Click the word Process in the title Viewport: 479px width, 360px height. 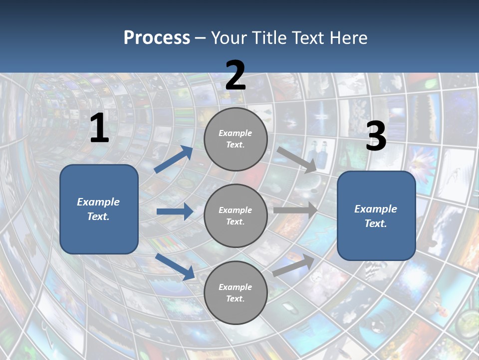coord(157,38)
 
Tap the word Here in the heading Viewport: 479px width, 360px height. coord(346,38)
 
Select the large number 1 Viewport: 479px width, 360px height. coord(99,128)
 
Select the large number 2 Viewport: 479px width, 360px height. coord(236,76)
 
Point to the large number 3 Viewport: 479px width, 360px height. coord(376,136)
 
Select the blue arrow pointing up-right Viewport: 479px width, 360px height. coord(174,159)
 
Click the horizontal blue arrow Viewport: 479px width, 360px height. coord(175,211)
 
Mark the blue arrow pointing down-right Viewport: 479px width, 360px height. coord(175,266)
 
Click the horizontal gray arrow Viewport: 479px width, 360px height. coord(295,210)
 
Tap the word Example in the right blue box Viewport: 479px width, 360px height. coord(376,209)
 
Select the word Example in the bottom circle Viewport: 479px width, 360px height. coord(235,287)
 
